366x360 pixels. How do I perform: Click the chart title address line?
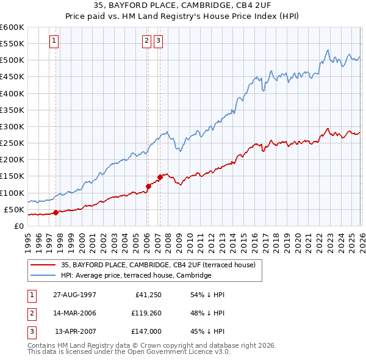click(182, 5)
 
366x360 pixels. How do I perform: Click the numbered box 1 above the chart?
click(54, 41)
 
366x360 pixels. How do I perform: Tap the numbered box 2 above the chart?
click(147, 41)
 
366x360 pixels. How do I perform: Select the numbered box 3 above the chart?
click(159, 41)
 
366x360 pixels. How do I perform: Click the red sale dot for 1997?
click(56, 212)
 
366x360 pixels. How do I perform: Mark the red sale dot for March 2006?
click(148, 186)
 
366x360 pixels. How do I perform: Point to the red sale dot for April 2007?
click(159, 177)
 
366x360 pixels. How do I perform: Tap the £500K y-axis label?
click(12, 60)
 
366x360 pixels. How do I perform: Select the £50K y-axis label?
click(14, 210)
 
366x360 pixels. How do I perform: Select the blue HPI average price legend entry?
click(135, 276)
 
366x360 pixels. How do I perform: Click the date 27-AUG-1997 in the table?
click(74, 294)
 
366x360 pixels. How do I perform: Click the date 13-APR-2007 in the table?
click(76, 331)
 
